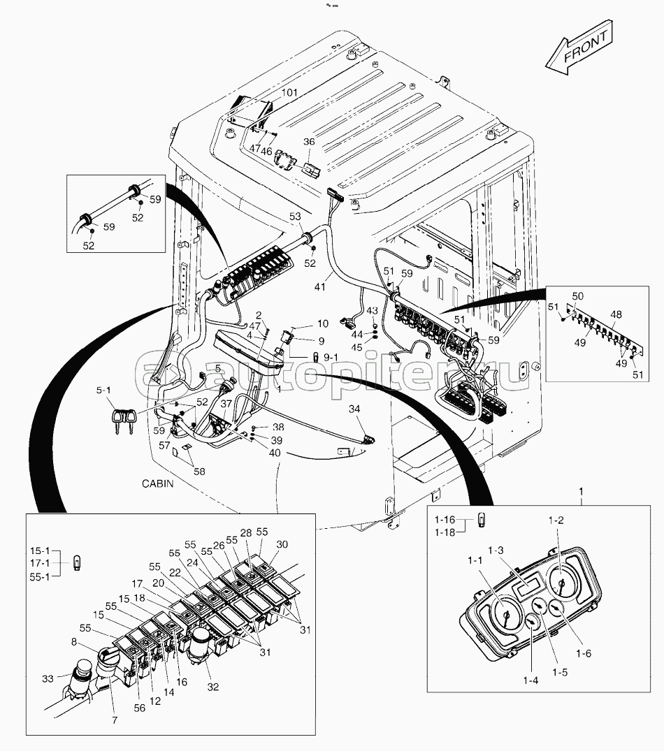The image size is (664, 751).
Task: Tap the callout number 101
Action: coord(289,93)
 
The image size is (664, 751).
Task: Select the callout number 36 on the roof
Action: coord(309,142)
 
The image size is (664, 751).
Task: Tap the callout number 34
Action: coord(354,409)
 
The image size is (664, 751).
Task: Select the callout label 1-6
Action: coord(584,653)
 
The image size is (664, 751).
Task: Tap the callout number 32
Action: coord(212,687)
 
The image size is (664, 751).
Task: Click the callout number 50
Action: coord(577,296)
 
